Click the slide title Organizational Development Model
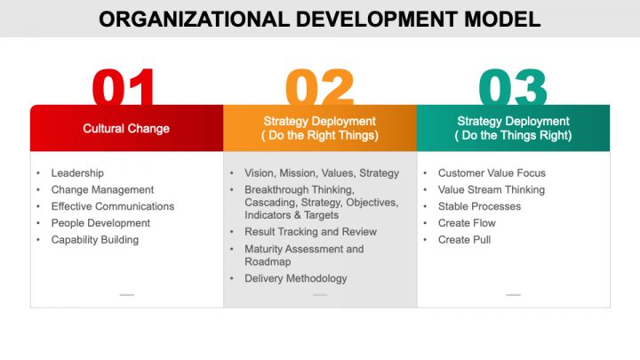click(319, 19)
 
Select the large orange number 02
click(319, 88)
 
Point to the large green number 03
click(513, 88)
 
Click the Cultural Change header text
click(126, 128)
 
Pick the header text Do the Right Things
click(319, 136)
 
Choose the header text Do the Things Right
click(513, 136)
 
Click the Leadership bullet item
click(77, 173)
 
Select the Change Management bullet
click(102, 189)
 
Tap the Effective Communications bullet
click(112, 206)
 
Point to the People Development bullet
click(100, 223)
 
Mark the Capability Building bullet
click(94, 239)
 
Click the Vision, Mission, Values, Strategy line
click(322, 173)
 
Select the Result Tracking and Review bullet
click(310, 232)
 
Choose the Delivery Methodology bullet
click(295, 278)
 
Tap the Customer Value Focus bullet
click(492, 173)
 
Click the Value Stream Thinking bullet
click(491, 189)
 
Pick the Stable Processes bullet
click(479, 206)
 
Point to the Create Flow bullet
click(467, 223)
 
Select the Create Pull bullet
click(464, 239)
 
